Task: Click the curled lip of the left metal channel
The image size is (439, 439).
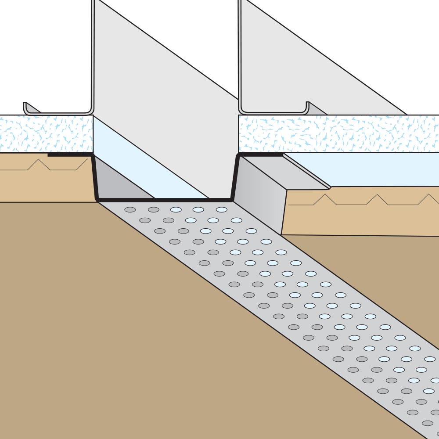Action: (25, 106)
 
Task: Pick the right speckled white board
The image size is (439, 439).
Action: (338, 133)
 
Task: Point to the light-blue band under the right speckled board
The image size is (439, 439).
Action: (373, 169)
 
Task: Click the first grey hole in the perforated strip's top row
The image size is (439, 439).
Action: (130, 209)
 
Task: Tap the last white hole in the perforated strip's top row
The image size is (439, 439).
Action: (222, 209)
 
